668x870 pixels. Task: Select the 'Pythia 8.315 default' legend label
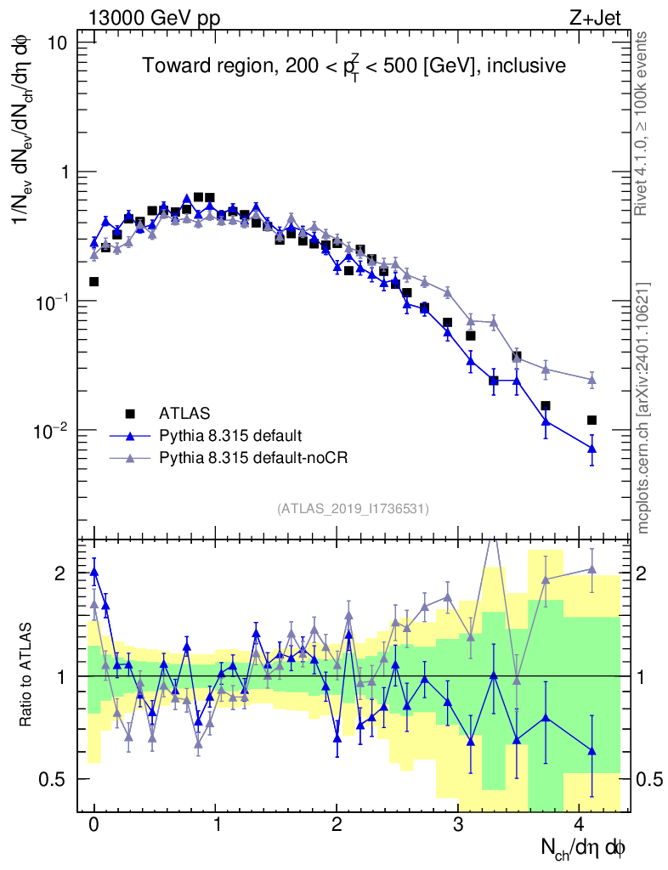click(x=229, y=436)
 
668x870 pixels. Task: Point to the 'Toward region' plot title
click(x=353, y=66)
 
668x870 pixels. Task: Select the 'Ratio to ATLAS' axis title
click(x=27, y=675)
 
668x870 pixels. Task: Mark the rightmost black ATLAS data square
click(x=592, y=420)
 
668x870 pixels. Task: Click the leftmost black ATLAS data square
click(x=93, y=281)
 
